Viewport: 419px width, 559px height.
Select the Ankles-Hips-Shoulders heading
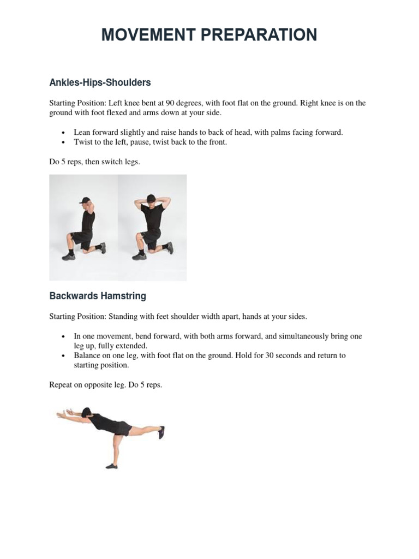click(x=100, y=82)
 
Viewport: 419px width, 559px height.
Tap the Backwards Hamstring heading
click(x=98, y=296)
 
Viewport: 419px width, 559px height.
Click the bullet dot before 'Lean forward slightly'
click(x=63, y=133)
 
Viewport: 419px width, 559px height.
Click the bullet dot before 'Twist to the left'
click(x=63, y=142)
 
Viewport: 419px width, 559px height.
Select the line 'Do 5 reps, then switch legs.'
click(x=94, y=162)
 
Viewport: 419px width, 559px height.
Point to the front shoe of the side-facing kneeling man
click(x=68, y=256)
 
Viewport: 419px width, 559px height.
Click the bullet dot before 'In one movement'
click(x=63, y=337)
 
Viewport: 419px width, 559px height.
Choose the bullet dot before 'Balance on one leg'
click(x=63, y=356)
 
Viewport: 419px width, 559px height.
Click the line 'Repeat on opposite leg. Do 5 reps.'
click(x=105, y=385)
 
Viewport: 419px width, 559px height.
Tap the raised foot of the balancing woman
click(x=161, y=432)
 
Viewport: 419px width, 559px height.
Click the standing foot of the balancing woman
click(x=111, y=466)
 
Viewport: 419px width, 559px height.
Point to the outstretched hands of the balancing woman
click(x=61, y=415)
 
